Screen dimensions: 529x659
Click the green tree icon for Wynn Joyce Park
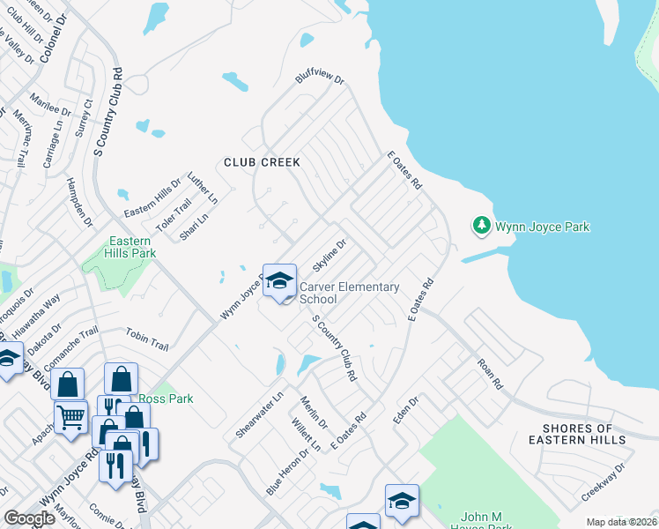tap(481, 227)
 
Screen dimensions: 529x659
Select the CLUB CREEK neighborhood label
tap(262, 162)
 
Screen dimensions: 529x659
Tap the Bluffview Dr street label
tap(319, 88)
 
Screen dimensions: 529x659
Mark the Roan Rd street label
tap(489, 373)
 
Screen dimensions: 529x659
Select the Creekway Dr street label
tap(603, 482)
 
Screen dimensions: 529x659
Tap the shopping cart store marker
tap(70, 417)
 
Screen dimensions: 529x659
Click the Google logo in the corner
tap(29, 518)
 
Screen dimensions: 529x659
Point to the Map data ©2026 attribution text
tap(621, 522)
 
